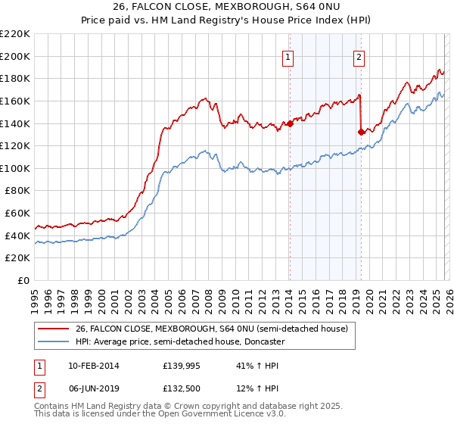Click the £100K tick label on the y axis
pyautogui.click(x=15, y=168)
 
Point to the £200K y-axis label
pyautogui.click(x=15, y=56)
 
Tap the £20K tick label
pyautogui.click(x=17, y=258)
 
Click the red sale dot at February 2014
pyautogui.click(x=290, y=123)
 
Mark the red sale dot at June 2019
pyautogui.click(x=361, y=132)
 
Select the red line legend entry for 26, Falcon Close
pyautogui.click(x=211, y=329)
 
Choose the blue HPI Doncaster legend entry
pyautogui.click(x=180, y=342)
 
